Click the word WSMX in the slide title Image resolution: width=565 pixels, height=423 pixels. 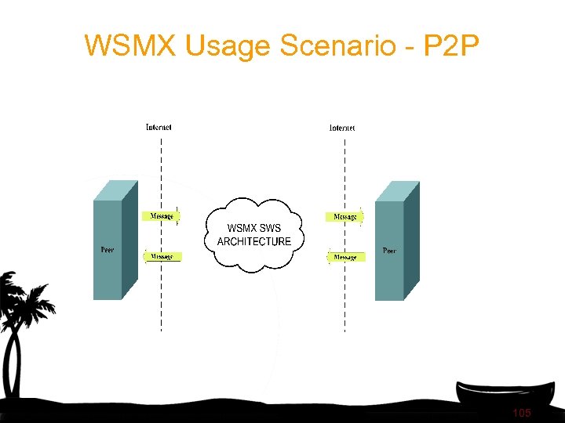pyautogui.click(x=131, y=45)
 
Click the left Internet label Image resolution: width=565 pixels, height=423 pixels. pyautogui.click(x=159, y=127)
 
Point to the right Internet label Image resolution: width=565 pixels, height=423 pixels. pyautogui.click(x=342, y=127)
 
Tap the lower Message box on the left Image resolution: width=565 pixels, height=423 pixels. pyautogui.click(x=162, y=256)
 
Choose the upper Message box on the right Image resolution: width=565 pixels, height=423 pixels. pyautogui.click(x=345, y=216)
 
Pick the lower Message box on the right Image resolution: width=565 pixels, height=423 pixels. pyautogui.click(x=345, y=257)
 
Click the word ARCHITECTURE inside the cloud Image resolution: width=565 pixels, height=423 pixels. pyautogui.click(x=253, y=242)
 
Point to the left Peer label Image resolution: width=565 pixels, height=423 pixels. pyautogui.click(x=107, y=250)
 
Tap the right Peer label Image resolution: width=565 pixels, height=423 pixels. pyautogui.click(x=389, y=251)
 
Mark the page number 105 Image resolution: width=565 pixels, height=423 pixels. pyautogui.click(x=521, y=413)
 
